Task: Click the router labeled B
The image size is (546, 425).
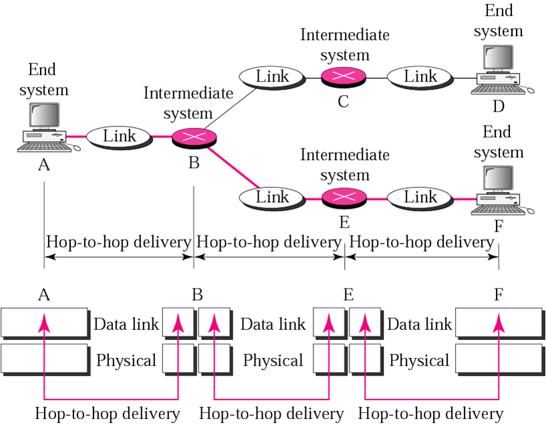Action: (x=194, y=138)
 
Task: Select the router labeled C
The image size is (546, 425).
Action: (x=344, y=78)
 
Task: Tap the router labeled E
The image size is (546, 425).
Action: (x=344, y=198)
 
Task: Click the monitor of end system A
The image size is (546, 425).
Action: (x=44, y=116)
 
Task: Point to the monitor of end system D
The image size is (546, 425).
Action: (x=498, y=58)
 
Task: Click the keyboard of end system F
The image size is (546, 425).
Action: (x=498, y=210)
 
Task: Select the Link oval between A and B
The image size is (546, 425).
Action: (x=119, y=137)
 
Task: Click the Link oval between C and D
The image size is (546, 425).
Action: (x=420, y=78)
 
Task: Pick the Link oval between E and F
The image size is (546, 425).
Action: (x=420, y=198)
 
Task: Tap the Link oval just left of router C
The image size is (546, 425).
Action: (x=272, y=78)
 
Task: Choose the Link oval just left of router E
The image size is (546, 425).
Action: (x=272, y=198)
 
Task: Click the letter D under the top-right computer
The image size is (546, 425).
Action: (x=499, y=106)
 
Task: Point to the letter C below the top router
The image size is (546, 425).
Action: (x=344, y=101)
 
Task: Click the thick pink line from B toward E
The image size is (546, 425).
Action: (x=233, y=167)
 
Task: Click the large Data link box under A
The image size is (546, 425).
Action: (x=45, y=323)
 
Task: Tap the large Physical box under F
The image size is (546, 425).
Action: (x=499, y=359)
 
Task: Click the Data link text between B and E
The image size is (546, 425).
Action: (x=273, y=324)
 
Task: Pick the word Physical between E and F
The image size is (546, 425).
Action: (x=419, y=361)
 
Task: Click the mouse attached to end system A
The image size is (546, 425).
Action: (x=76, y=148)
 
